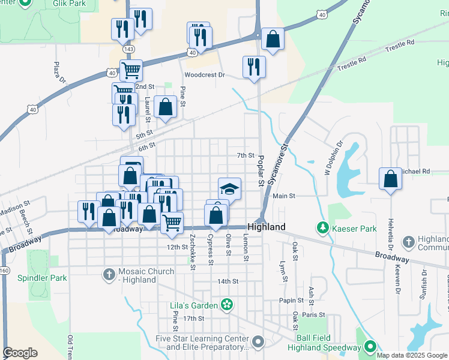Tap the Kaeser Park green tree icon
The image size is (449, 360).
pos(323,228)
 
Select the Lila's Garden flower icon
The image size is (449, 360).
pos(226,305)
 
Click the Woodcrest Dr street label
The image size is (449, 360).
pos(204,76)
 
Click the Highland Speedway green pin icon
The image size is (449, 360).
pos(370,347)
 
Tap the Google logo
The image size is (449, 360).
pos(20,353)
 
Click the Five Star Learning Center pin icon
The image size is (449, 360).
pos(258,342)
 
